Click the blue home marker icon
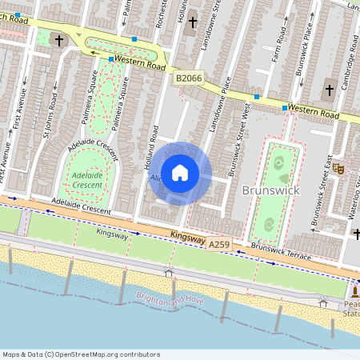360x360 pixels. pos(180,173)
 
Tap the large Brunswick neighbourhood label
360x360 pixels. pos(270,190)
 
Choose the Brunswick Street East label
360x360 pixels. pos(320,191)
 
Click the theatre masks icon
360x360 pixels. pos(338,170)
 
